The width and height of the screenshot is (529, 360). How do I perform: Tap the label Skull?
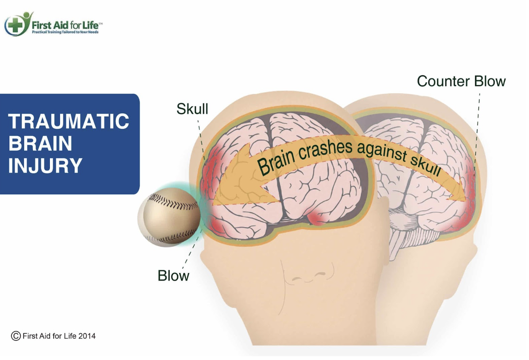point(192,109)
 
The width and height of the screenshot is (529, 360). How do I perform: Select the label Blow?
point(173,276)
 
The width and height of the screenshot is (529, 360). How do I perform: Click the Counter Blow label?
point(461,81)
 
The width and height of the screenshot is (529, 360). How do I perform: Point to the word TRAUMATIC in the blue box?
point(69,122)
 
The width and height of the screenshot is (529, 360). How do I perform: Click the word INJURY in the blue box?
point(45,166)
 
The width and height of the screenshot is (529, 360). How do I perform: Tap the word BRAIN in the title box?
point(40,143)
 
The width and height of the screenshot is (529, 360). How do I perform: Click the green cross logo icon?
point(15,25)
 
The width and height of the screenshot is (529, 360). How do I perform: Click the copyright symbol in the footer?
point(16,336)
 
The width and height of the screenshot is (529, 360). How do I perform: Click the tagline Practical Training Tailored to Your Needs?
point(65,32)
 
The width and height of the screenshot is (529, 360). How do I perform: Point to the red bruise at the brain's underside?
point(319,218)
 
